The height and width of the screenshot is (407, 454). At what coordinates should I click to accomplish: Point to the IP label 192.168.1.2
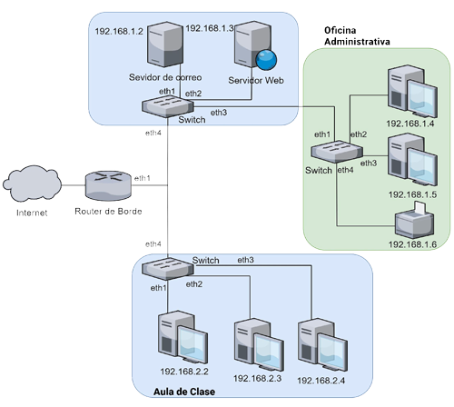click(x=120, y=32)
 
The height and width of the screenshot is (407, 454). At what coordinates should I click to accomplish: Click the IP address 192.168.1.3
click(x=210, y=29)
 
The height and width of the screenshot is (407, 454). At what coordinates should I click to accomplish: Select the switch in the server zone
click(x=167, y=108)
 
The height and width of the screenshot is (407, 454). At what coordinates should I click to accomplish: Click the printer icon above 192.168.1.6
click(x=413, y=221)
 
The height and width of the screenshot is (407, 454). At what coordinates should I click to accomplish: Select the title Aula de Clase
click(x=183, y=392)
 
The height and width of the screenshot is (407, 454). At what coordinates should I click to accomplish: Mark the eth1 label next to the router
click(x=143, y=178)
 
